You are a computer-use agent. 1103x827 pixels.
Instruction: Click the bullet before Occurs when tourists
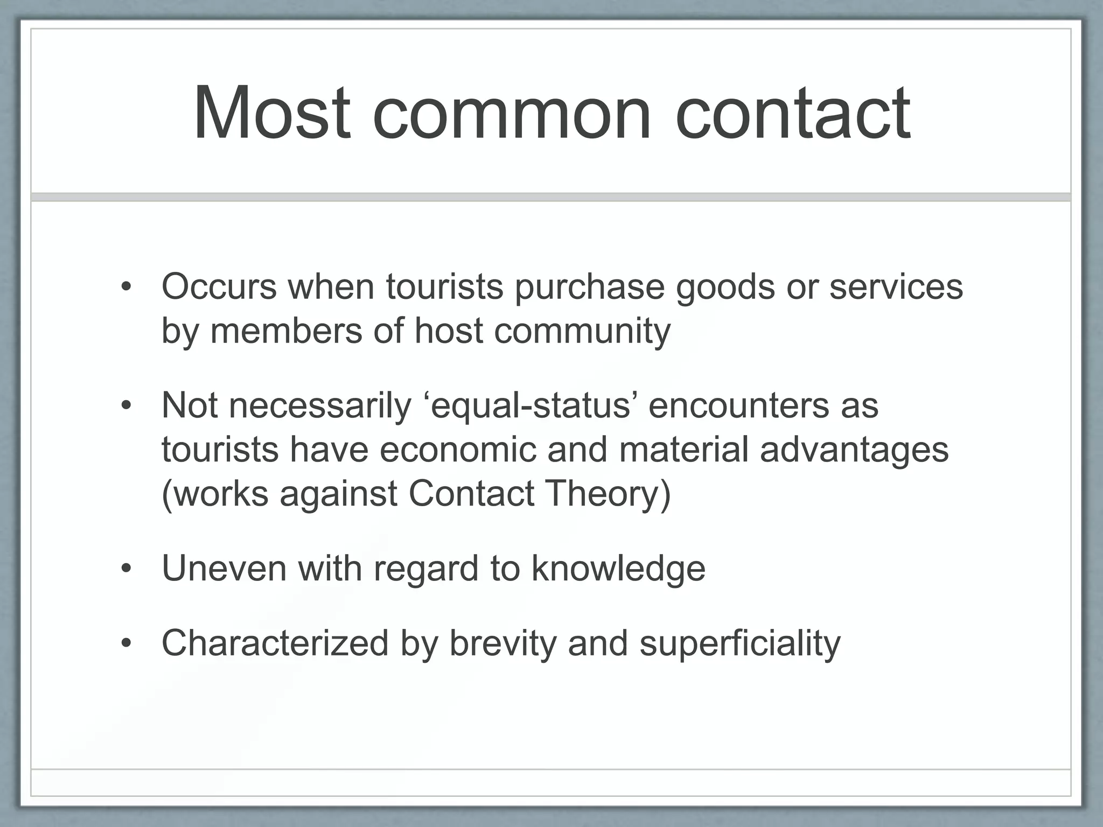click(126, 287)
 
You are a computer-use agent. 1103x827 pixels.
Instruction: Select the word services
click(896, 287)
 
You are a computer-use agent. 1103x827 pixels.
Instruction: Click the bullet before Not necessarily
click(126, 406)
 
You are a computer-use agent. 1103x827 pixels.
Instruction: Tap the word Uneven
click(224, 569)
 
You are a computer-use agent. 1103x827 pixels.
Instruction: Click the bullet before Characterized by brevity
click(126, 643)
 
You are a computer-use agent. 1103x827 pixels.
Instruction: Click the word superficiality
click(740, 644)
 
